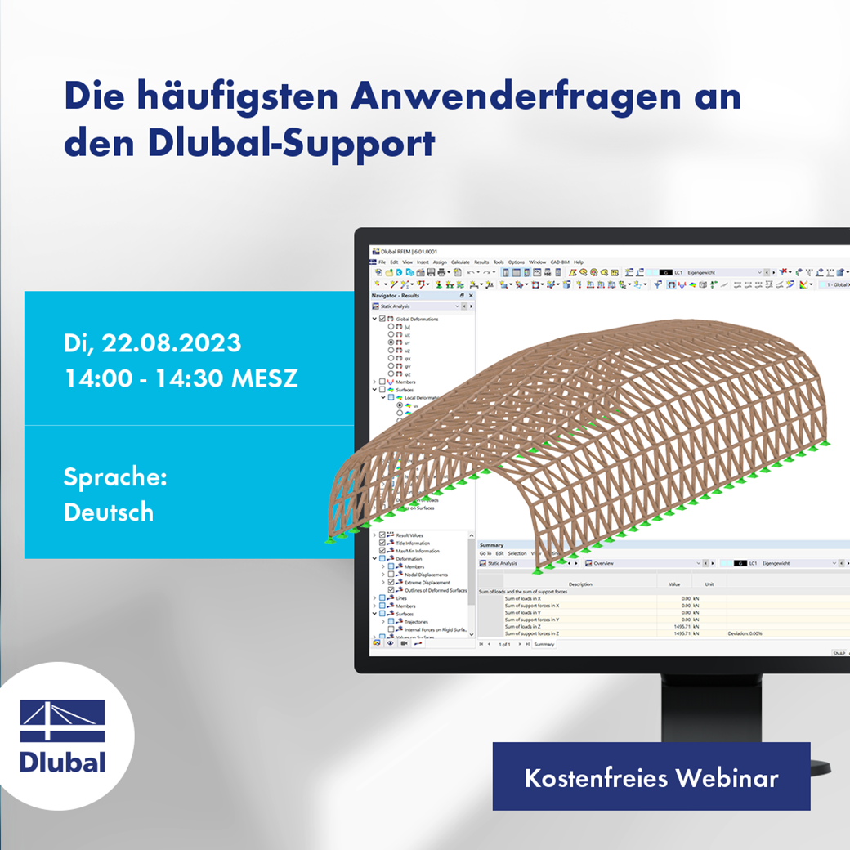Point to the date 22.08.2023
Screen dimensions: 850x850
coord(171,343)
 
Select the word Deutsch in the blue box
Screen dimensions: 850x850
coord(109,512)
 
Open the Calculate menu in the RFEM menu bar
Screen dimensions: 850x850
coord(460,262)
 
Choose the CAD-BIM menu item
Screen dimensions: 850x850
coord(560,262)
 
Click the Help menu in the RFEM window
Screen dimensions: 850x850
coord(579,262)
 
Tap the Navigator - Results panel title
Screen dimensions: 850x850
coord(396,295)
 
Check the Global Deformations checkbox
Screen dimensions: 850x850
coord(382,319)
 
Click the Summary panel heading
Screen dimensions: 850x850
coord(491,544)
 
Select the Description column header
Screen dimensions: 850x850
coord(580,584)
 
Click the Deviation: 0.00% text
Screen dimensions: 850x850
coord(745,633)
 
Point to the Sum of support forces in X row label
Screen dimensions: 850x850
coord(531,606)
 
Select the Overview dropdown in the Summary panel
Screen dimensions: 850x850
coord(646,563)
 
